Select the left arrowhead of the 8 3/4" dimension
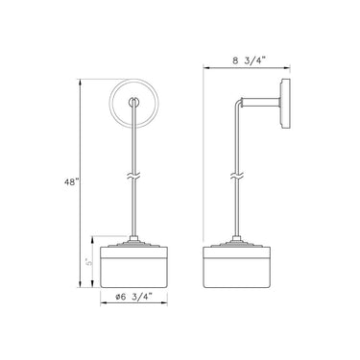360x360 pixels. (x=204, y=68)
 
